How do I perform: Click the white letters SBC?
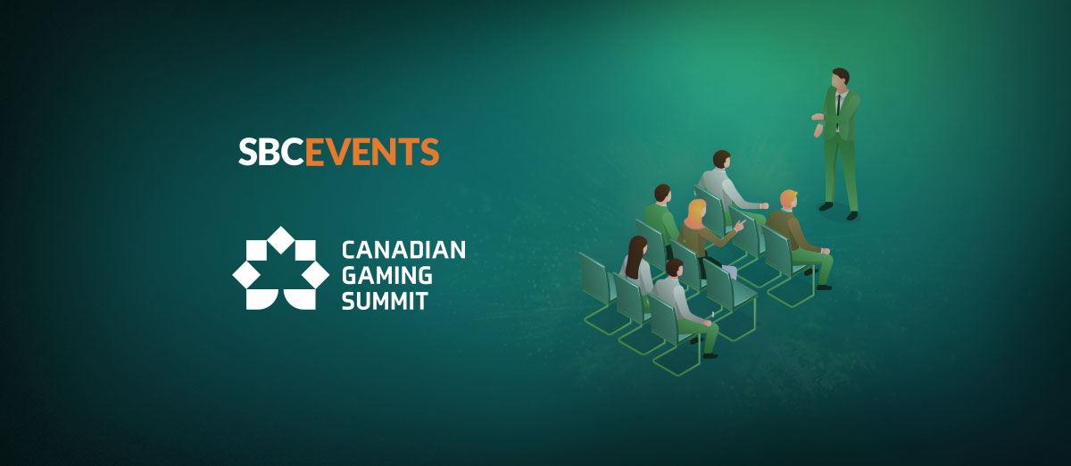point(271,152)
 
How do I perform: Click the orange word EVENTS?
point(372,152)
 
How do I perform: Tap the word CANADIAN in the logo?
point(403,250)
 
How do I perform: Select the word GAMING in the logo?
point(386,276)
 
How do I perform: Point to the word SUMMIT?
point(385,301)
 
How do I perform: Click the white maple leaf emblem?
point(280,268)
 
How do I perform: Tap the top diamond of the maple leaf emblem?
point(280,240)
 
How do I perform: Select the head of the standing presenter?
point(840,79)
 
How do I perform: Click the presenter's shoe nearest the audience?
point(826,207)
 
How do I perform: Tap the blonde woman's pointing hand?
point(740,225)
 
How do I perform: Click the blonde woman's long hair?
point(696,213)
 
